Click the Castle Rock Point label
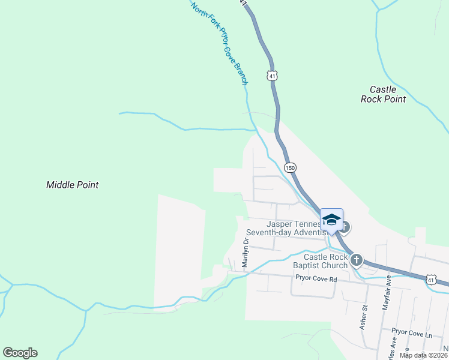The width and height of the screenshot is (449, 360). [x=383, y=94]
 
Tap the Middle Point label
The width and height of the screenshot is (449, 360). [x=72, y=185]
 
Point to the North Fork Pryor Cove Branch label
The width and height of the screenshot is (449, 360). [x=219, y=43]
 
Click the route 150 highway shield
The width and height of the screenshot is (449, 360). [x=290, y=167]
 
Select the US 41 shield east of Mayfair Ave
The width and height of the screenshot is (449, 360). [x=431, y=279]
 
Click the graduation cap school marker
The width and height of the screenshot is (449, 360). [x=331, y=220]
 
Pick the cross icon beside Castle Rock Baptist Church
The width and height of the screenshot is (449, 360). [x=357, y=260]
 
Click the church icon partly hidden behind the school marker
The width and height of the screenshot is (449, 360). [x=345, y=227]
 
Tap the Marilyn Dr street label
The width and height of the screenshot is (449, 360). [x=246, y=253]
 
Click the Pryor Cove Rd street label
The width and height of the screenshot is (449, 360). [x=316, y=279]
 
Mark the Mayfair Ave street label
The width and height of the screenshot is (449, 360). [x=387, y=293]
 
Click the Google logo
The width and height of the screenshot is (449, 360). [x=20, y=353]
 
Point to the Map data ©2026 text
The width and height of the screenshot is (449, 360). [x=424, y=355]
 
